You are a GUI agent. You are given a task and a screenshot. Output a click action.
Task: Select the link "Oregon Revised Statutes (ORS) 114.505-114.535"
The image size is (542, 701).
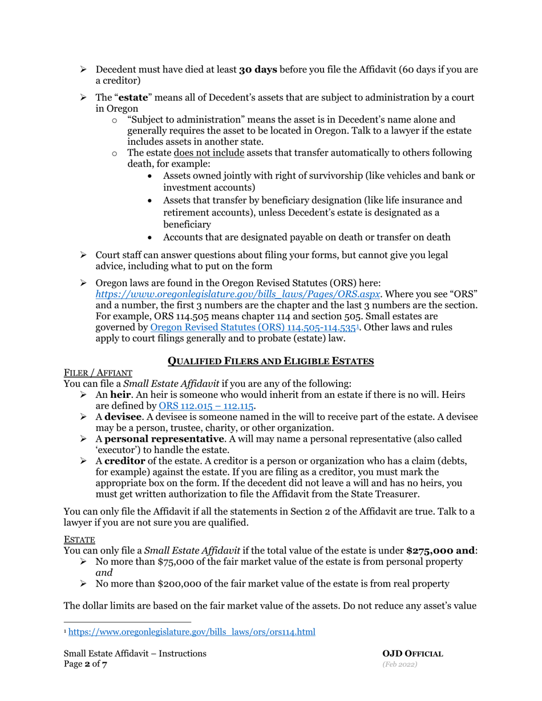coord(249,327)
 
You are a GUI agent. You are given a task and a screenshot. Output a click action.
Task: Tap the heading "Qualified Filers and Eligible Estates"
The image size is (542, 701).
coord(270,361)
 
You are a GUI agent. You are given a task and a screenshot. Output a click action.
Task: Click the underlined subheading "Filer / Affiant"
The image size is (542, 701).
coord(98,373)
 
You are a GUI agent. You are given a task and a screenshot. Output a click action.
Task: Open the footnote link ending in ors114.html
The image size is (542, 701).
coord(192,632)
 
